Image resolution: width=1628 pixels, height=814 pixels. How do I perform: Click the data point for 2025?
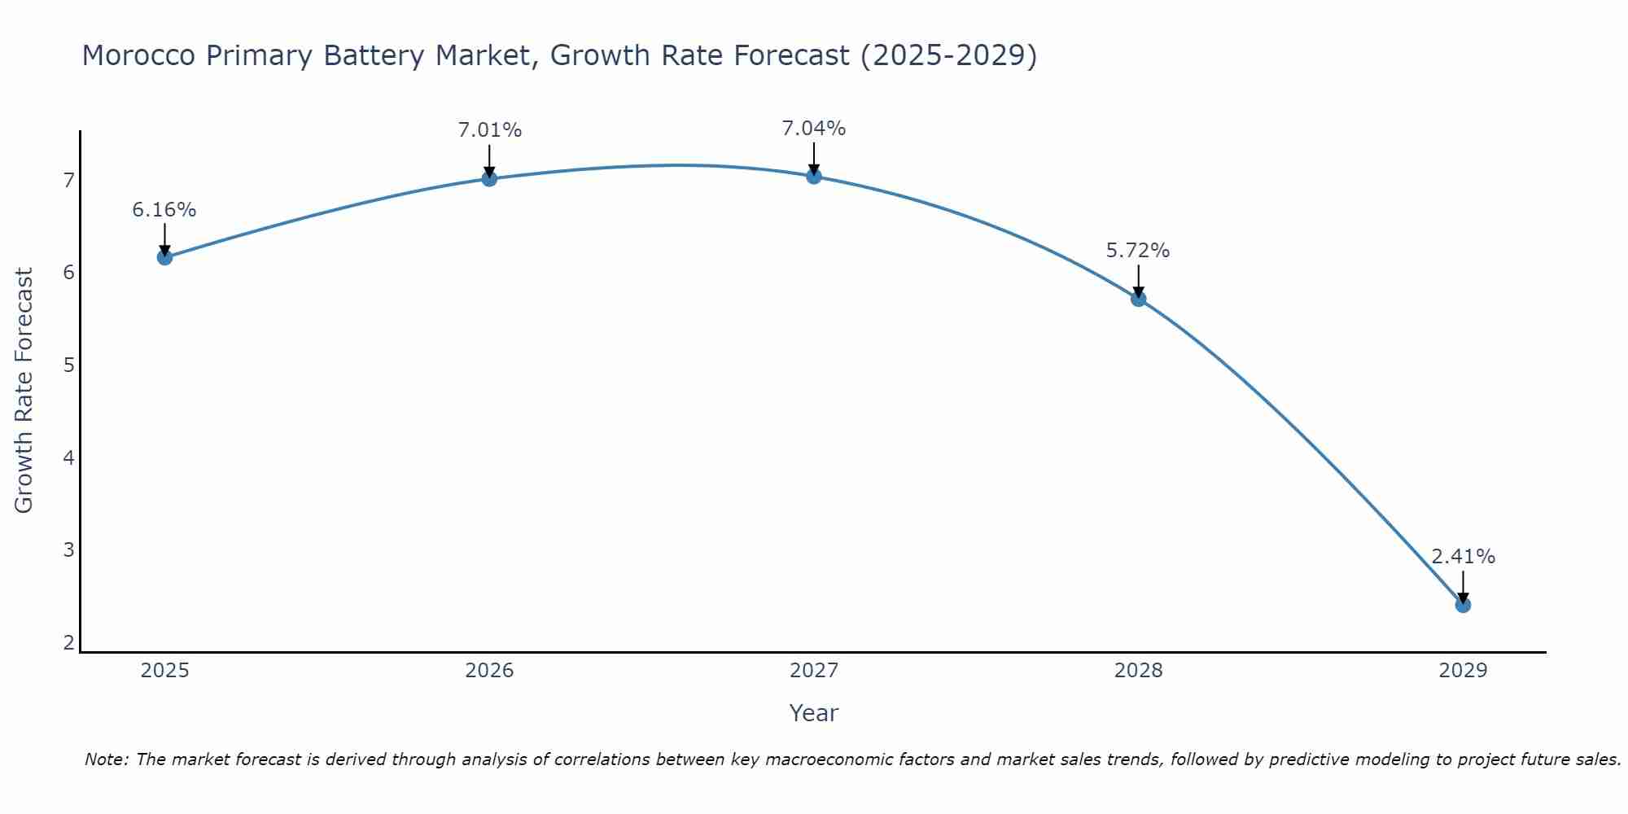[x=164, y=257]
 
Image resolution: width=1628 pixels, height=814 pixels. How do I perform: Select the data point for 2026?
[x=489, y=178]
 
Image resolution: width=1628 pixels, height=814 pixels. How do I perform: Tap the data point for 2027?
[x=814, y=176]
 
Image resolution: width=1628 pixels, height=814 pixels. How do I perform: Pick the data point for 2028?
[x=1138, y=299]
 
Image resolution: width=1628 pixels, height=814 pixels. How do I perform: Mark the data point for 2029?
[x=1463, y=605]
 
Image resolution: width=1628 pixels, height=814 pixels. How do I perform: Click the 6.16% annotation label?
[x=164, y=210]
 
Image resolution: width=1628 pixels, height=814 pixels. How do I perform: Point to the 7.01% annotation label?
[x=489, y=130]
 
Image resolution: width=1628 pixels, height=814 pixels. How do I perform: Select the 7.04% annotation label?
[x=814, y=129]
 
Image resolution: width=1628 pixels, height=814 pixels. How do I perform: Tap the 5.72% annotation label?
[x=1138, y=251]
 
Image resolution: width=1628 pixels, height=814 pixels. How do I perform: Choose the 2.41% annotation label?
[x=1463, y=557]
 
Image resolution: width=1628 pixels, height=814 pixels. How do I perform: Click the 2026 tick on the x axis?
[x=489, y=671]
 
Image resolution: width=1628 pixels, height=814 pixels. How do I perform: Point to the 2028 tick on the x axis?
[x=1138, y=671]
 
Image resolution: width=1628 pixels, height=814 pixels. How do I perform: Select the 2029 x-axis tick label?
[x=1463, y=671]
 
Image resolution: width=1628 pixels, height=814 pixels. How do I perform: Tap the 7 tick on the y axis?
[x=68, y=180]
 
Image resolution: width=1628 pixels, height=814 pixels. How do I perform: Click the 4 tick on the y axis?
[x=68, y=457]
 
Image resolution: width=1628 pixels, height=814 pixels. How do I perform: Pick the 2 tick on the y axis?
[x=68, y=642]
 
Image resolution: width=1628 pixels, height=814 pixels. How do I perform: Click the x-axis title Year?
[x=813, y=713]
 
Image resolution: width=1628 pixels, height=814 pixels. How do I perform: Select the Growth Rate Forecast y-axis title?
[x=24, y=391]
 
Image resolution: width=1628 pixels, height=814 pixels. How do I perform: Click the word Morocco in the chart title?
[x=138, y=55]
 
